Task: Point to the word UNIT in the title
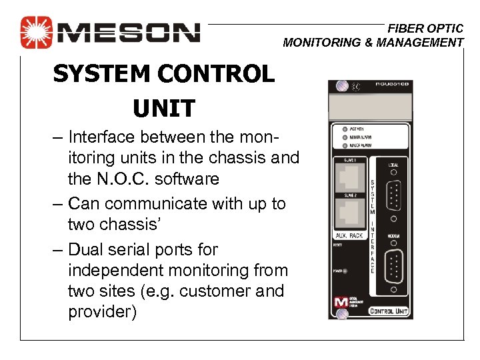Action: (163, 107)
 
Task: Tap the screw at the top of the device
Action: (341, 85)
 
